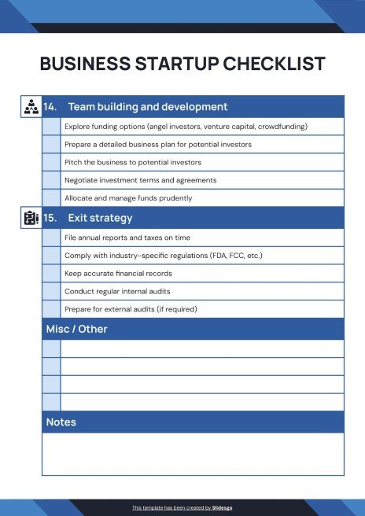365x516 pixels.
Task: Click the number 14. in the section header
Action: (50, 107)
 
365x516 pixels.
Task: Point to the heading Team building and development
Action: (148, 107)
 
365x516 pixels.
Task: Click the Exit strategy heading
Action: (100, 218)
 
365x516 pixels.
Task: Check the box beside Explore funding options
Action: (51, 126)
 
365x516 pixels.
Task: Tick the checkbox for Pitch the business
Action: (51, 162)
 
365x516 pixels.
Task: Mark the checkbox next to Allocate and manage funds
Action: (51, 198)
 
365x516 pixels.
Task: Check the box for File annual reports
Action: (51, 237)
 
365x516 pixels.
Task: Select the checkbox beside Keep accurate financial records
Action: (51, 273)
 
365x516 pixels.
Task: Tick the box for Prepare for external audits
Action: (51, 308)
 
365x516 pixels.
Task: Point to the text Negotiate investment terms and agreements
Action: (141, 180)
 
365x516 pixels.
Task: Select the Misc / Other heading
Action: (76, 329)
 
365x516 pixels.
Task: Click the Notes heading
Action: (61, 422)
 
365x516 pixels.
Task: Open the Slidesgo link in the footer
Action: (222, 507)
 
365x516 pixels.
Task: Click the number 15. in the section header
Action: (50, 218)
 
